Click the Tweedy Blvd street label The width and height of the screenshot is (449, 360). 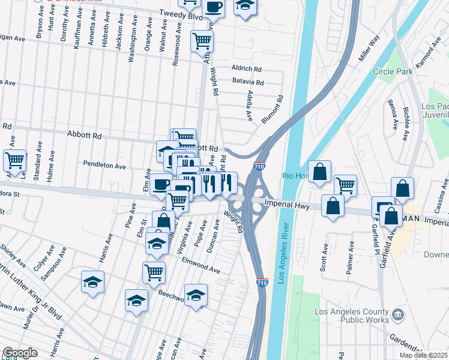click(x=181, y=16)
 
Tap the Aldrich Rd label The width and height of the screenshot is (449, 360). click(x=247, y=70)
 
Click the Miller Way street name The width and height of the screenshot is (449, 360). click(x=370, y=49)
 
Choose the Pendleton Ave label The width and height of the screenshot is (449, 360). click(x=104, y=166)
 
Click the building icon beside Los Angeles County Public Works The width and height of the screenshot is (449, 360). click(x=398, y=314)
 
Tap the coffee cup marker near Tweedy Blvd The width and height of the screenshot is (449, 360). click(x=213, y=7)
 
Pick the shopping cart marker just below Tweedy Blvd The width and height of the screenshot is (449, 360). click(x=202, y=40)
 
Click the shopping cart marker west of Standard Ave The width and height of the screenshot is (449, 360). click(x=14, y=160)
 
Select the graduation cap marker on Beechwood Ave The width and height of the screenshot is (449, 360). click(x=196, y=295)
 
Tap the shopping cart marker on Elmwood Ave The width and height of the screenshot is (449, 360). click(x=154, y=272)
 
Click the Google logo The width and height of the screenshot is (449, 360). click(x=20, y=353)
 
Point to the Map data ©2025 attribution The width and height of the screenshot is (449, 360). click(x=424, y=355)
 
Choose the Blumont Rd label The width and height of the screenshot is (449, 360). click(x=272, y=109)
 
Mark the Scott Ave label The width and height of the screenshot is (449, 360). click(x=325, y=257)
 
